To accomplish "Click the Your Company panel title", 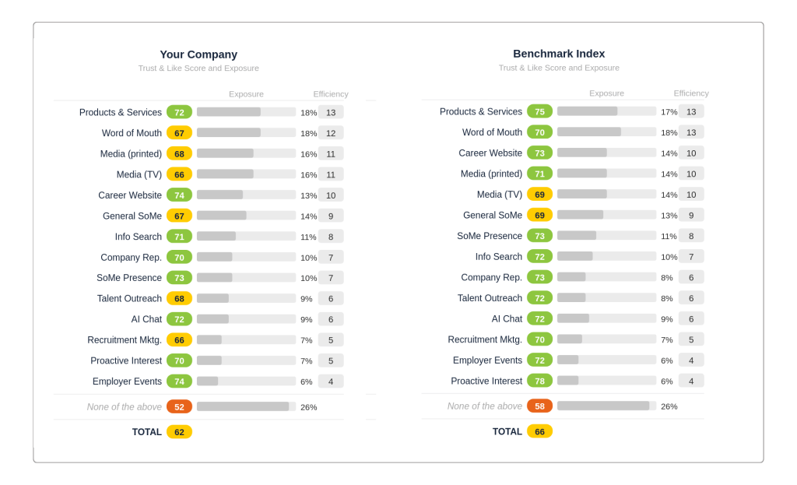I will click(198, 54).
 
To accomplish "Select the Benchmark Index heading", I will click(559, 54).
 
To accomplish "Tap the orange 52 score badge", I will click(179, 406).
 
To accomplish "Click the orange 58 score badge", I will click(539, 406).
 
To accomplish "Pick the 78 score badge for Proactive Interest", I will click(539, 381).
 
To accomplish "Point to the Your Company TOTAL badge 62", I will click(179, 431).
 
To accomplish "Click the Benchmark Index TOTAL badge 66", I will click(539, 431).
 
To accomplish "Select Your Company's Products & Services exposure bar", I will click(246, 112).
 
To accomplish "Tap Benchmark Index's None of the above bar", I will click(606, 406).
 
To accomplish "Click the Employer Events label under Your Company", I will click(127, 381).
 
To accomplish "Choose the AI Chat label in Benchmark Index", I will click(507, 318).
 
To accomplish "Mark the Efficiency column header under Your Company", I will click(331, 94).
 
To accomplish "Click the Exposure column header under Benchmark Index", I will click(606, 93).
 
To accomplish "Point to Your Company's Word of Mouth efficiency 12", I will click(331, 133).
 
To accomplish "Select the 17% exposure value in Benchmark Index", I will click(669, 112).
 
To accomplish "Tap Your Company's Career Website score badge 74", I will click(179, 195).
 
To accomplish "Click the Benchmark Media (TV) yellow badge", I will click(539, 194).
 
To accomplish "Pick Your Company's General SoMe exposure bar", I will click(246, 216).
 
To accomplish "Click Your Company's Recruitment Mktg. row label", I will click(125, 340).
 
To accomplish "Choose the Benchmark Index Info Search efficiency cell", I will click(691, 256).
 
